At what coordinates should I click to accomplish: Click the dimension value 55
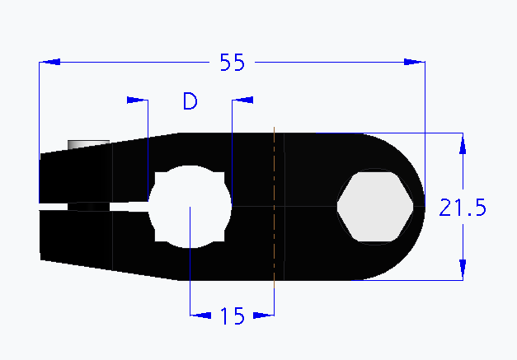(x=232, y=63)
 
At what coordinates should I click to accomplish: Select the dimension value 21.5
(x=463, y=208)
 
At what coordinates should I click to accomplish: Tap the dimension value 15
(x=233, y=316)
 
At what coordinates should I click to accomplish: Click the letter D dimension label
(x=190, y=102)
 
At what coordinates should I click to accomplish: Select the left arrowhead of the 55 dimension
(x=49, y=62)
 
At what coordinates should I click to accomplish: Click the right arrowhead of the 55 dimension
(x=414, y=62)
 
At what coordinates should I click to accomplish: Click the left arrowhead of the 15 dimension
(x=199, y=314)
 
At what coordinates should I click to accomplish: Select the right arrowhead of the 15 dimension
(x=263, y=314)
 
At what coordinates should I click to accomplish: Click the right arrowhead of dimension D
(x=243, y=100)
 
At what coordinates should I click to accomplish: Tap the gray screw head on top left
(x=87, y=144)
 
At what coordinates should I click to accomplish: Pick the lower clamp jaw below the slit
(x=91, y=239)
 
